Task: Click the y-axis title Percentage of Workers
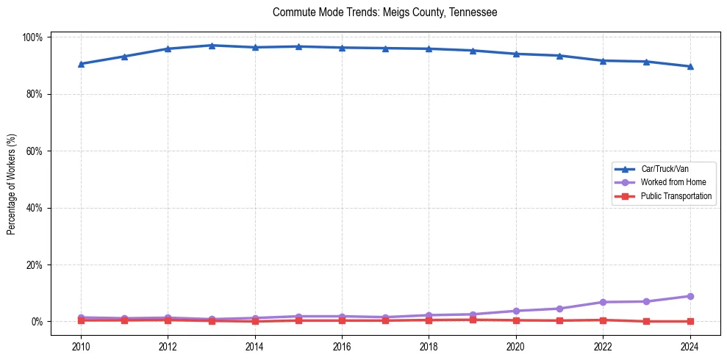point(11,179)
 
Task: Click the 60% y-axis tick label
point(35,151)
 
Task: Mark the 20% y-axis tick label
point(35,264)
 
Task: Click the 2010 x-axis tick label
point(81,346)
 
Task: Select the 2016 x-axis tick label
point(342,346)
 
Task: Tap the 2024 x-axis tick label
point(690,346)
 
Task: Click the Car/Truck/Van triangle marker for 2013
point(212,46)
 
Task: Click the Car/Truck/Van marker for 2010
point(81,64)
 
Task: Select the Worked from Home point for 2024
point(690,296)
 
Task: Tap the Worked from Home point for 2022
point(603,302)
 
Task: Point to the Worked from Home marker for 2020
point(516,311)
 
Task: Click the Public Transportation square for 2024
point(690,321)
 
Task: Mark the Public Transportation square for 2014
point(255,321)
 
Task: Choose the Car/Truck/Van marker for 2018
point(429,49)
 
